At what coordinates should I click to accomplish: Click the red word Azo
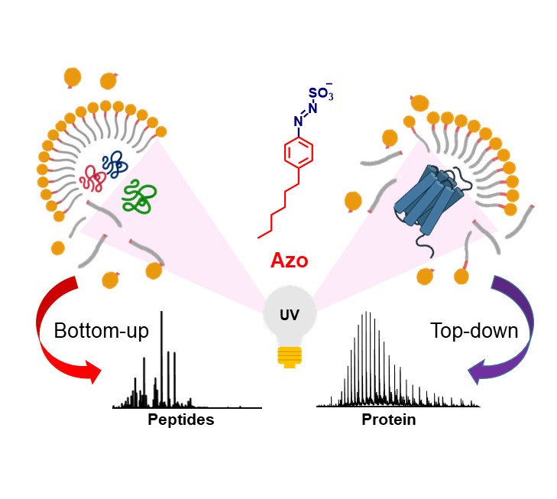tap(289, 261)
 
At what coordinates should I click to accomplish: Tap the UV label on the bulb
tap(289, 315)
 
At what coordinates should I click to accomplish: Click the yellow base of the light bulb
tap(289, 355)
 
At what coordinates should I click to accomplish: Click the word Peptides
tap(180, 420)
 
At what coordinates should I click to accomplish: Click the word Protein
tap(389, 420)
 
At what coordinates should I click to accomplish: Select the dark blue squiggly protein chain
tap(116, 163)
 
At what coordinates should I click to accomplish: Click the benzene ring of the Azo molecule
tap(298, 153)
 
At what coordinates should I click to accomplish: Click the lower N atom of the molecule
tap(299, 121)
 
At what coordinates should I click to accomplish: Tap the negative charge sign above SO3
tap(329, 83)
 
